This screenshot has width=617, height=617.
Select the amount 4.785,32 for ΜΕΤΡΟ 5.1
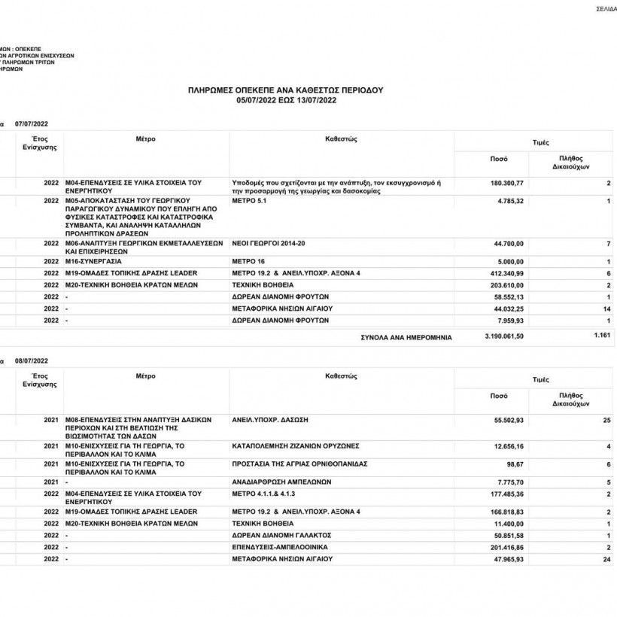click(x=510, y=202)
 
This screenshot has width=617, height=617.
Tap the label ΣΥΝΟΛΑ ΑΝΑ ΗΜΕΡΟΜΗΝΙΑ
click(x=407, y=338)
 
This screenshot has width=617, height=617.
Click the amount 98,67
click(x=515, y=465)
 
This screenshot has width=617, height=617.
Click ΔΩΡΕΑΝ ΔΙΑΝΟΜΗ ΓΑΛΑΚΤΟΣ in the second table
click(x=278, y=536)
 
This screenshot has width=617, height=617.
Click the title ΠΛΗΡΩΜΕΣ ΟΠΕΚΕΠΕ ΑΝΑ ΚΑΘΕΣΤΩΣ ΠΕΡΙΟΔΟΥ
click(x=285, y=90)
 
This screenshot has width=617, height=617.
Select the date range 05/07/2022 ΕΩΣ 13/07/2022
click(x=285, y=99)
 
